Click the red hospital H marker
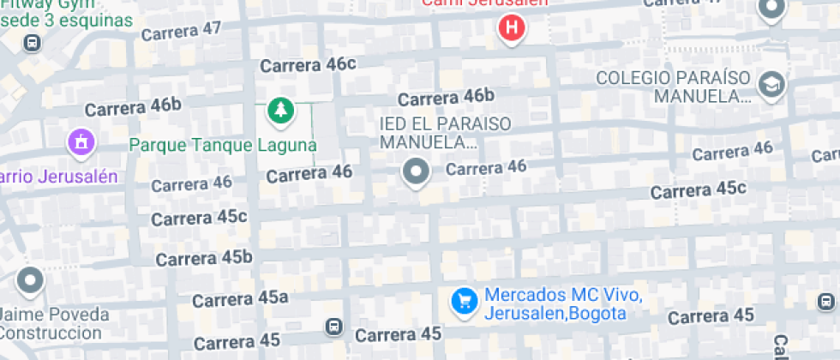[512, 27]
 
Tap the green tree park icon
[279, 110]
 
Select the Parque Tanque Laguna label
[223, 144]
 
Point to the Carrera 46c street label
[308, 64]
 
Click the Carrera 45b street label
[204, 257]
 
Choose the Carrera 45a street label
[240, 299]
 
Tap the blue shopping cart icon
[465, 301]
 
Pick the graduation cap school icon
[771, 85]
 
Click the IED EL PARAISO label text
[445, 132]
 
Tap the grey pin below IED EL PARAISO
[416, 171]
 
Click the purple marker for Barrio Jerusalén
[81, 141]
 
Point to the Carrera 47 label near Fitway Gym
[181, 31]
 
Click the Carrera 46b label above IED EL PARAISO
[446, 97]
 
